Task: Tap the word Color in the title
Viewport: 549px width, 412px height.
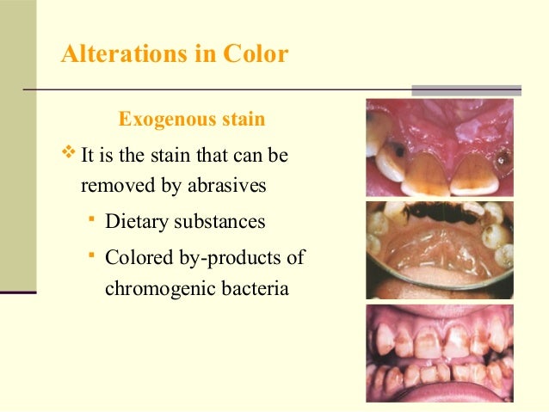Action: click(x=256, y=54)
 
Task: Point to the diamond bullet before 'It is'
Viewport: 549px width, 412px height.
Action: click(x=70, y=156)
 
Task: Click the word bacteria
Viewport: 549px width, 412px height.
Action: click(x=250, y=288)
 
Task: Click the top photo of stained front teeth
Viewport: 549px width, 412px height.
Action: click(x=439, y=147)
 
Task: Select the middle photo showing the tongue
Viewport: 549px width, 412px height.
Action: click(x=439, y=249)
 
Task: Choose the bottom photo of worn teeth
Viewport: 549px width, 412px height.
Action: click(x=439, y=353)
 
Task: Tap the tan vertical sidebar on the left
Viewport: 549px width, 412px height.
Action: click(x=18, y=146)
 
